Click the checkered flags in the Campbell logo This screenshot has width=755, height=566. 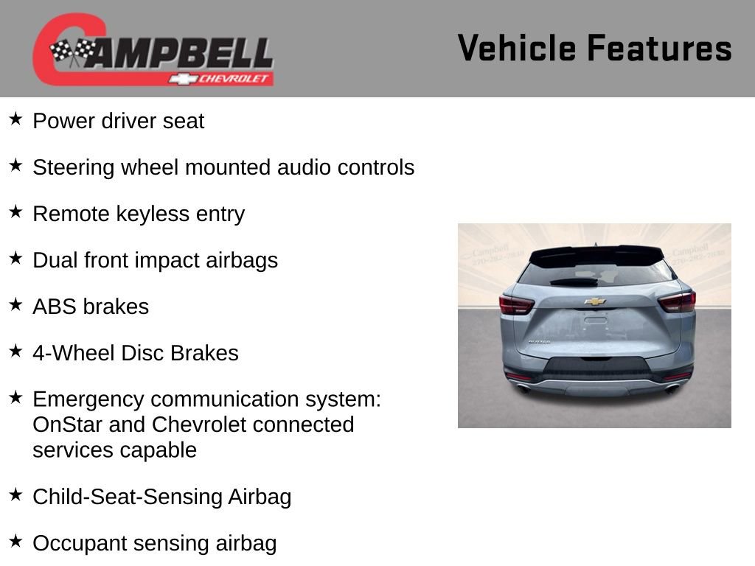[72, 52]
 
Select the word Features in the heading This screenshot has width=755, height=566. [659, 48]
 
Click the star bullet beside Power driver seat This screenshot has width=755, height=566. [15, 119]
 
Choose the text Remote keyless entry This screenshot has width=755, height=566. [139, 214]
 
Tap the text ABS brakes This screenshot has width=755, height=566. [91, 307]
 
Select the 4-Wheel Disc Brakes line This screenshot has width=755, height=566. [136, 353]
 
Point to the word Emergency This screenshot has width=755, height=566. [88, 399]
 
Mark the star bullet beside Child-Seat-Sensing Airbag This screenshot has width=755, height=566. [15, 495]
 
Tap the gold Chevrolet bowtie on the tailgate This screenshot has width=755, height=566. [594, 301]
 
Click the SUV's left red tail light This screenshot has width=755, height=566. [515, 304]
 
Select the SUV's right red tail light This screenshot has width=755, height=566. [676, 301]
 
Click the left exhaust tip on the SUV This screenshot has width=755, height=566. [524, 388]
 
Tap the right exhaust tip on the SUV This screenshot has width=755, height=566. [671, 388]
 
